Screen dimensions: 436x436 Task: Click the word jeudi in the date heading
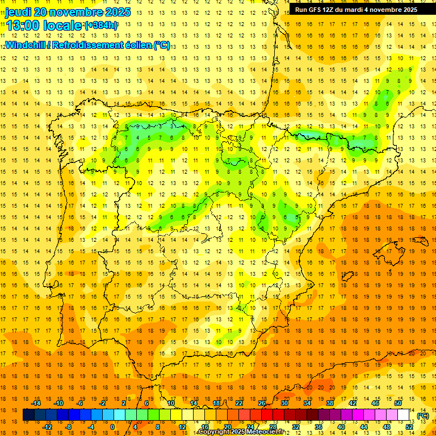click(19, 12)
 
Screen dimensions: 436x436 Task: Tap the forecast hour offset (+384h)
click(102, 26)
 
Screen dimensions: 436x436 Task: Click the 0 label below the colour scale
click(112, 427)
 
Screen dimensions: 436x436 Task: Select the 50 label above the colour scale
click(397, 403)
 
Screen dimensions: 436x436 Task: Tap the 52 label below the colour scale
click(409, 427)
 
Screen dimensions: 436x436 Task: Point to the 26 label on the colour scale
click(262, 403)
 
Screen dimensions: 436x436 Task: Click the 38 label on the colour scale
click(329, 403)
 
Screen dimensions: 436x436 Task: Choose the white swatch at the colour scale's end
click(404, 415)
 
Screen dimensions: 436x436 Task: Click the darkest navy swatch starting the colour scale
click(28, 415)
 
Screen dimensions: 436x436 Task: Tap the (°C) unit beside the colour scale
click(422, 416)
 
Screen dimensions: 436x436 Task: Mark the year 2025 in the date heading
click(117, 12)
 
